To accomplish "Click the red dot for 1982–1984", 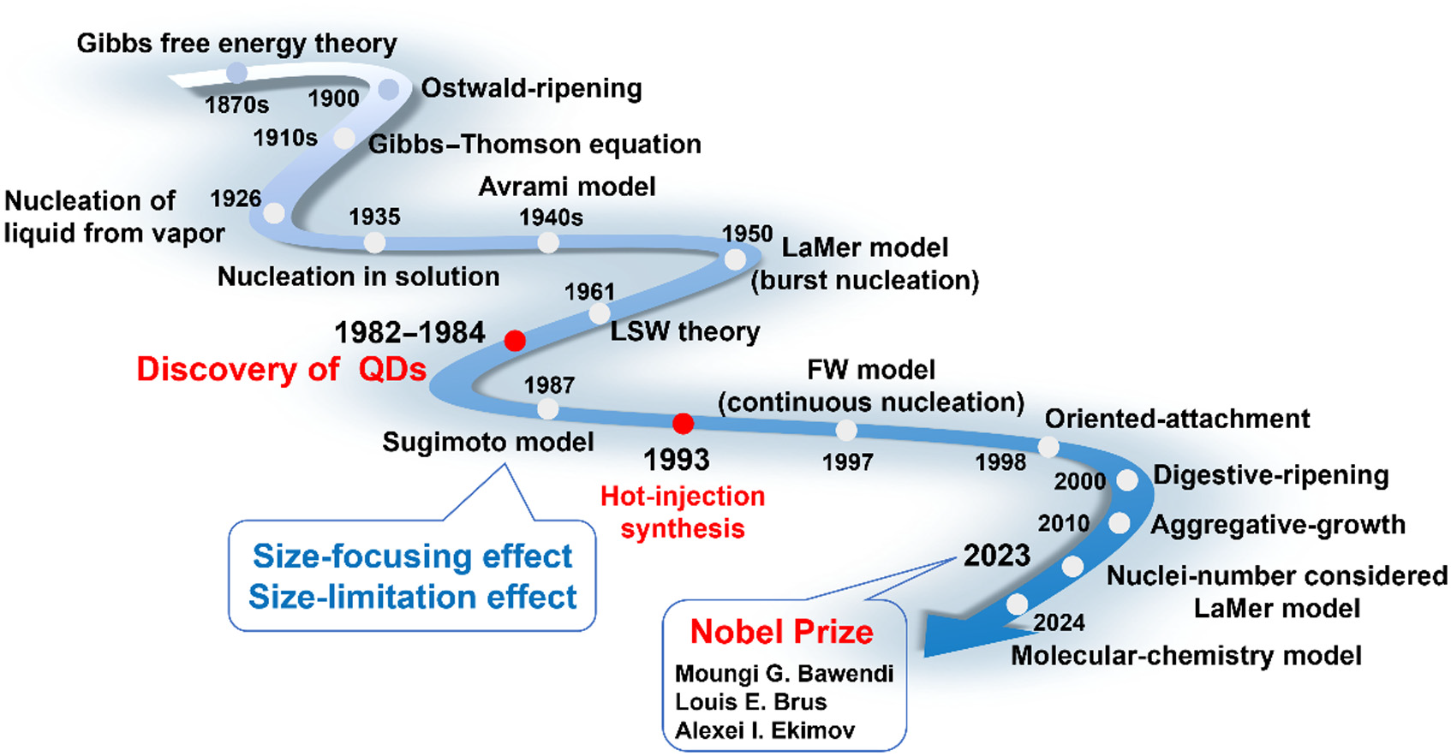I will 514,341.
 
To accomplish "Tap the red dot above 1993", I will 683,423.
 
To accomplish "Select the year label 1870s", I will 236,105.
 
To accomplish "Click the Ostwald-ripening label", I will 531,88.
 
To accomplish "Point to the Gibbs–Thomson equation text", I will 534,145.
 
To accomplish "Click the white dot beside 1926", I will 274,212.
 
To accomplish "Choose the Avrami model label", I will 567,187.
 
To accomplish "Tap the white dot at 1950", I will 735,259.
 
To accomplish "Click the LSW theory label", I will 684,331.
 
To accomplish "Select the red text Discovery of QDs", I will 281,369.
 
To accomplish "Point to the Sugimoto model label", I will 487,442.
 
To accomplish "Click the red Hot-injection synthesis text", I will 683,512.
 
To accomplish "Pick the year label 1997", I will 847,462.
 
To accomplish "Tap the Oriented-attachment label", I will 1177,419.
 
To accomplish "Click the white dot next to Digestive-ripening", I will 1127,480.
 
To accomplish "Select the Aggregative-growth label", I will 1277,525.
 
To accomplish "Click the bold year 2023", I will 996,556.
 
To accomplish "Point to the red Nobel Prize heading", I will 781,632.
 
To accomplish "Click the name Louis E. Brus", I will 750,702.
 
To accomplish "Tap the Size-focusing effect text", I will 412,557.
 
